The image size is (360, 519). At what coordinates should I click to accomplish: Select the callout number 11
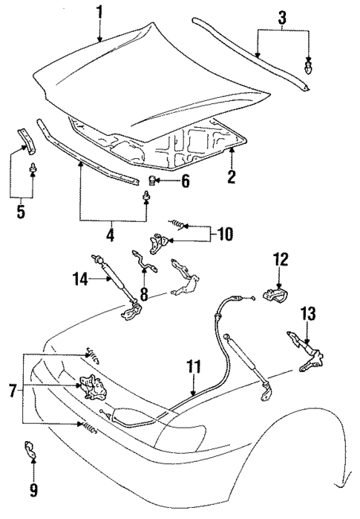193,365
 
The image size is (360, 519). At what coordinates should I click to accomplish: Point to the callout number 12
280,259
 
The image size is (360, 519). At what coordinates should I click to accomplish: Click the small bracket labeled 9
33,450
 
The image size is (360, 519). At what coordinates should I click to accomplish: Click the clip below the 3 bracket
309,69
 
